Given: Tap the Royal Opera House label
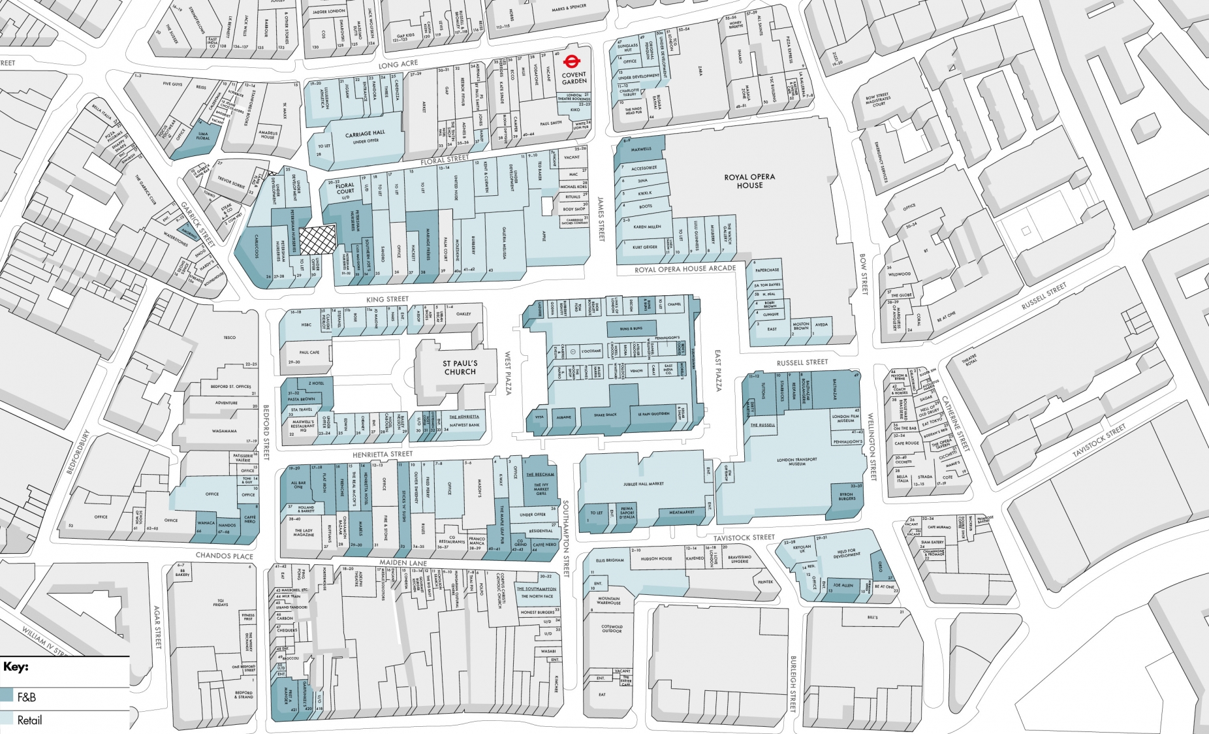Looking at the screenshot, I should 749,181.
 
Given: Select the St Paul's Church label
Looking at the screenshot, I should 460,368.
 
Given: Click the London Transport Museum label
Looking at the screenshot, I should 796,462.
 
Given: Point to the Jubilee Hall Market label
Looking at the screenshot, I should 643,484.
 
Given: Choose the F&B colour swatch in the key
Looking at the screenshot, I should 7,696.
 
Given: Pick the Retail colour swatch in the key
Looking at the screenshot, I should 7,719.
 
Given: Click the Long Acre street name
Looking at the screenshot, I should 398,65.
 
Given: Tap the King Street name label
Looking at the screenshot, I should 387,299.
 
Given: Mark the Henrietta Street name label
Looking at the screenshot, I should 383,454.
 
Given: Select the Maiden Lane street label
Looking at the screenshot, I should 403,562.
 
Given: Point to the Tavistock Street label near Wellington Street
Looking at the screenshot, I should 744,538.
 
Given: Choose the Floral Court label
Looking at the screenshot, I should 345,189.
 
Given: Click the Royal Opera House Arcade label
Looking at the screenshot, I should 685,269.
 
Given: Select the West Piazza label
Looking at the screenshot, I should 508,373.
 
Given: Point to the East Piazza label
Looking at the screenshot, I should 719,370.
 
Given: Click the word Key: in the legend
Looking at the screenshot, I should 16,667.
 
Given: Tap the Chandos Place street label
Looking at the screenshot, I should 224,556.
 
